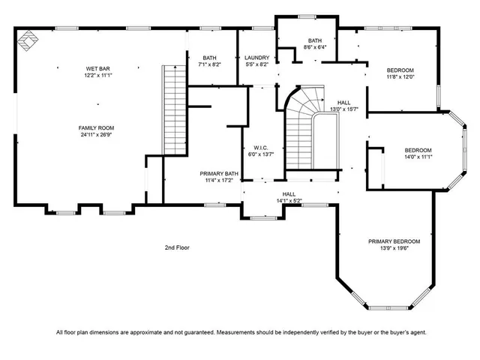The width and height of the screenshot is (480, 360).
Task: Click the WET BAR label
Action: tap(99, 68)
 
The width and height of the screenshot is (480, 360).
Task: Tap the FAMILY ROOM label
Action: tap(99, 127)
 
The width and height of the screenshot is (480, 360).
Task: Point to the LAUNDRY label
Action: tap(256, 58)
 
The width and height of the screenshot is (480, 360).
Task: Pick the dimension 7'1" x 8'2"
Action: tap(210, 65)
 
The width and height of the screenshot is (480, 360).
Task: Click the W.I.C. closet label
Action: tap(261, 148)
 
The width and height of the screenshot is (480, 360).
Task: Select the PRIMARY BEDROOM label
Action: tap(394, 241)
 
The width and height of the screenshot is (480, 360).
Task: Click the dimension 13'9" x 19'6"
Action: tap(394, 250)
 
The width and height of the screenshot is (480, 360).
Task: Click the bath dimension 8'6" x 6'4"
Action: tap(315, 47)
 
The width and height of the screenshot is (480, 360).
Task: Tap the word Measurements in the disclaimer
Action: tap(235, 331)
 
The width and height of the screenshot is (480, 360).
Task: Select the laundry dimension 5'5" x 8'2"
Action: tap(256, 65)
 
